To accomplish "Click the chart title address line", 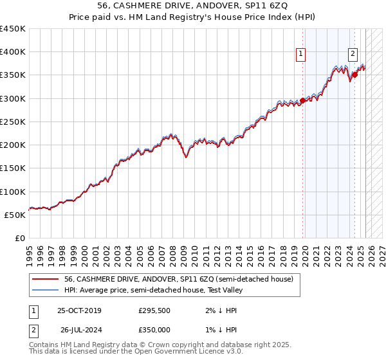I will click(x=193, y=7).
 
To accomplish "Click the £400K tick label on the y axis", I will click(x=13, y=52).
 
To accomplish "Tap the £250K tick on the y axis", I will click(x=13, y=122).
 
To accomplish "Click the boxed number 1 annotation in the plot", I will click(x=300, y=55).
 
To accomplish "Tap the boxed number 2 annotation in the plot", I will click(x=353, y=55).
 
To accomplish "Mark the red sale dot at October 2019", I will click(x=302, y=100).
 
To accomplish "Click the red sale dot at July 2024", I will click(x=354, y=75).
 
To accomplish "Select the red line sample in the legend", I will click(x=45, y=279).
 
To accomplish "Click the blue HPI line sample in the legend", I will click(x=45, y=290).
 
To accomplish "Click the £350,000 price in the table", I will click(x=154, y=329).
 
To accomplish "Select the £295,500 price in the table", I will click(x=154, y=310).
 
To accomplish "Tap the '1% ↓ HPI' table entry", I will click(x=219, y=329).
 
